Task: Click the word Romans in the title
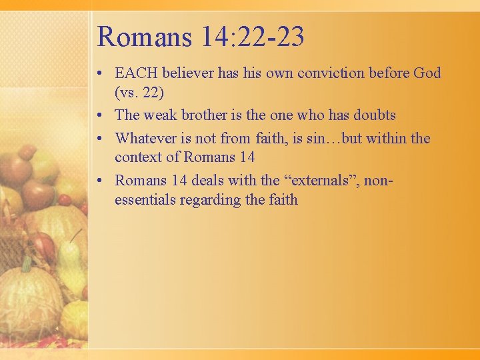coord(143,37)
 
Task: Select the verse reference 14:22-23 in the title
coord(253,37)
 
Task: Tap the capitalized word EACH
coord(137,73)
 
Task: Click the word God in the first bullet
coord(427,73)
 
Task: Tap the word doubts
coord(370,115)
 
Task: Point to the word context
coord(138,157)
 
